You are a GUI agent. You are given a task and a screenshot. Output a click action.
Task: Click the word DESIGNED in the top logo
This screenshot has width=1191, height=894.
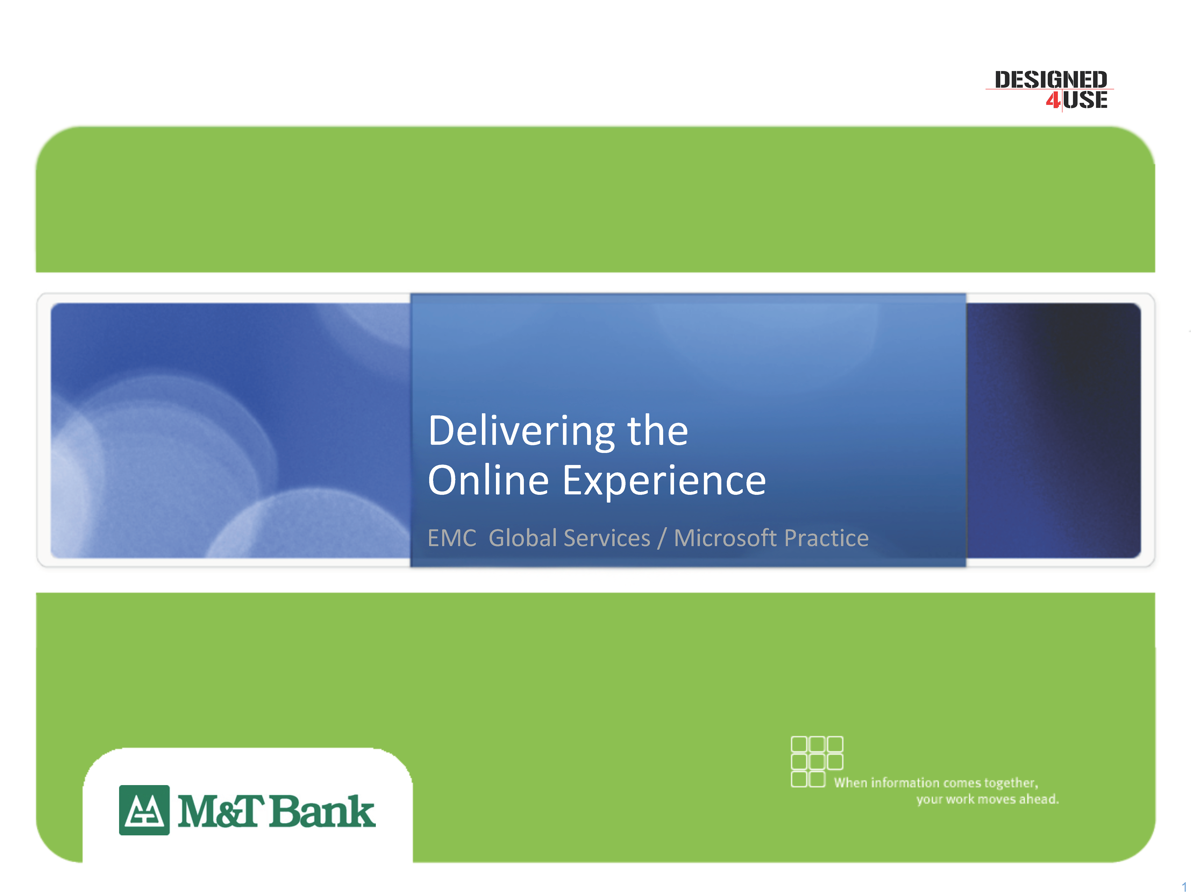click(x=1050, y=80)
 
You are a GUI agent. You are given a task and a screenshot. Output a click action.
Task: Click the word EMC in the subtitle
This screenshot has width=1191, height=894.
click(x=452, y=538)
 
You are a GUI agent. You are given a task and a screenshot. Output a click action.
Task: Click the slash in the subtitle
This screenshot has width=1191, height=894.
click(x=662, y=538)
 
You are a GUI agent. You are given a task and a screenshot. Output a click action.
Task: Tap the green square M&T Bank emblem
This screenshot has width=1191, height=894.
click(x=144, y=810)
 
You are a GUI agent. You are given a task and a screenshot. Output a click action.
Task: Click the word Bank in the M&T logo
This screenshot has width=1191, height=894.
click(x=322, y=811)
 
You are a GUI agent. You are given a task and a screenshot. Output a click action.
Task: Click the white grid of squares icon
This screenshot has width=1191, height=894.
click(x=817, y=761)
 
